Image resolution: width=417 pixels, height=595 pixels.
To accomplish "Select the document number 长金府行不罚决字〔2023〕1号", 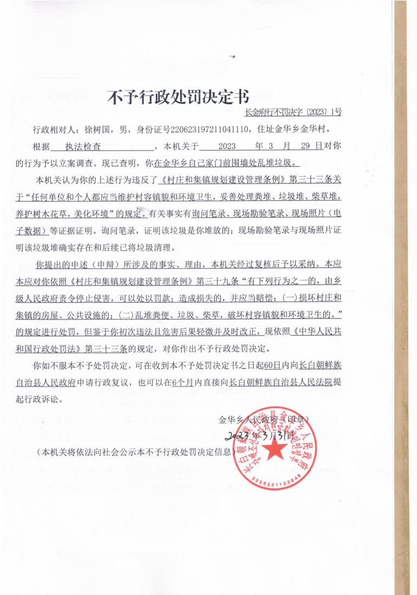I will coord(293,113).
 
